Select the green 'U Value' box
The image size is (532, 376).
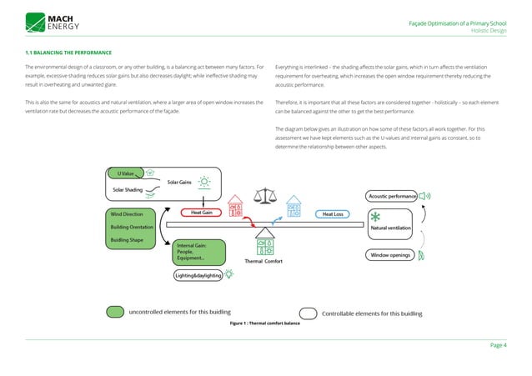pos(126,173)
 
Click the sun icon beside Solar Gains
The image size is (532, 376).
pos(204,179)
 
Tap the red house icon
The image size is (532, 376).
pos(236,203)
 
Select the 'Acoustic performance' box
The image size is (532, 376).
pos(392,196)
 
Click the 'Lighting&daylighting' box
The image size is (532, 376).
pos(198,274)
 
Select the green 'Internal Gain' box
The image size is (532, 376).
pos(199,251)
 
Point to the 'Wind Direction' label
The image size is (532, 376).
pos(127,214)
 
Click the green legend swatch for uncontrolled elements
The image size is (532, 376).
pos(115,313)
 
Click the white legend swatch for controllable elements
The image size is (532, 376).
pos(308,313)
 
